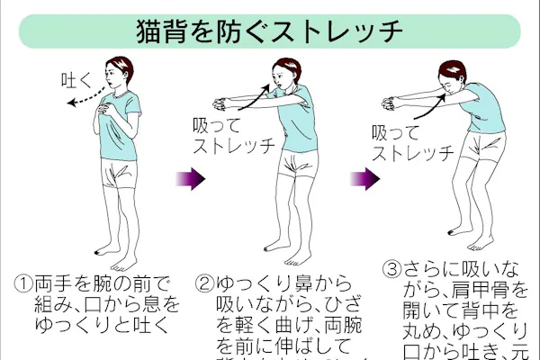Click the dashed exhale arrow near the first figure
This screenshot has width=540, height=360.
tap(86, 96)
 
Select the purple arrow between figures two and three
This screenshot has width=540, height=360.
tap(363, 177)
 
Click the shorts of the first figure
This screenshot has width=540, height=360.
tap(120, 172)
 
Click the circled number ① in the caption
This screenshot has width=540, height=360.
tap(24, 283)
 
